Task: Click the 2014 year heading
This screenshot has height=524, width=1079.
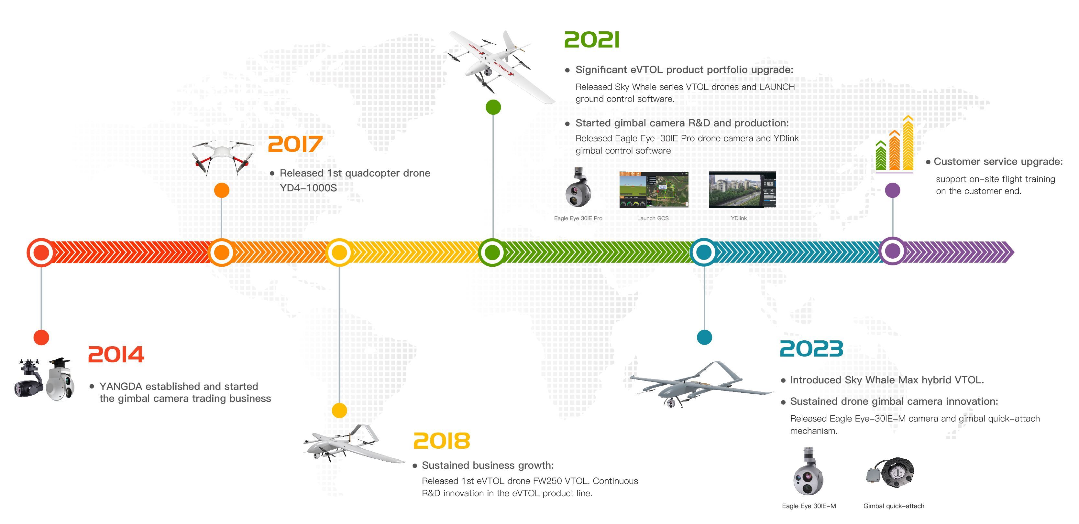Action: (x=116, y=355)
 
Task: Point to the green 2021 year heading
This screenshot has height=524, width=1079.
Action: (x=591, y=40)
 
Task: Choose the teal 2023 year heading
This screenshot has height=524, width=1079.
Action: (x=811, y=349)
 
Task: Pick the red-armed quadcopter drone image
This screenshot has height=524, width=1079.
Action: (x=222, y=157)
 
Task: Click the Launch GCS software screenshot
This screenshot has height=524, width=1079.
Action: (x=654, y=190)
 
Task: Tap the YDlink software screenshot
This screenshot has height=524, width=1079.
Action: (x=742, y=190)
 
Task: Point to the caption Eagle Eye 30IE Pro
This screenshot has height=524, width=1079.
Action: (x=578, y=219)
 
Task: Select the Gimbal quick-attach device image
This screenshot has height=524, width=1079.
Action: (x=890, y=473)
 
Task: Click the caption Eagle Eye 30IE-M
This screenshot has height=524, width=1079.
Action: (x=809, y=506)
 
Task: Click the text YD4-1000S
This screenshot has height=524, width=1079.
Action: (x=308, y=188)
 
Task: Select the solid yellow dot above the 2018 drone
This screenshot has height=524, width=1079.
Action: (x=339, y=411)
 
